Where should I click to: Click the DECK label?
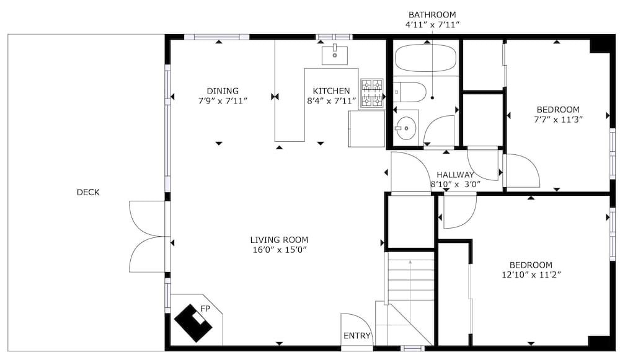88,193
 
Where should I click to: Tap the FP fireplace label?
205,309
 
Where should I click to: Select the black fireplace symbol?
193,323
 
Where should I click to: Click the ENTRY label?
356,336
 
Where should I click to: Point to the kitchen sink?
335,55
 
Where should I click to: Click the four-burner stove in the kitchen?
372,94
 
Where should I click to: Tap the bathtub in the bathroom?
425,58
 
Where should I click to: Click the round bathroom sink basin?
406,128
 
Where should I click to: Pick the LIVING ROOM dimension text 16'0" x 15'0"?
280,250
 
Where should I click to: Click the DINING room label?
223,91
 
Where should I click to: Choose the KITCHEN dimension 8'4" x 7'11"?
331,101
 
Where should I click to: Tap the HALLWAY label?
455,175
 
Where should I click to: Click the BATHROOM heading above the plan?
432,15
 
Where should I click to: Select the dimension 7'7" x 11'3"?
558,120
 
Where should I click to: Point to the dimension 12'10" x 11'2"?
531,274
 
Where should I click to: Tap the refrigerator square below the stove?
366,129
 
